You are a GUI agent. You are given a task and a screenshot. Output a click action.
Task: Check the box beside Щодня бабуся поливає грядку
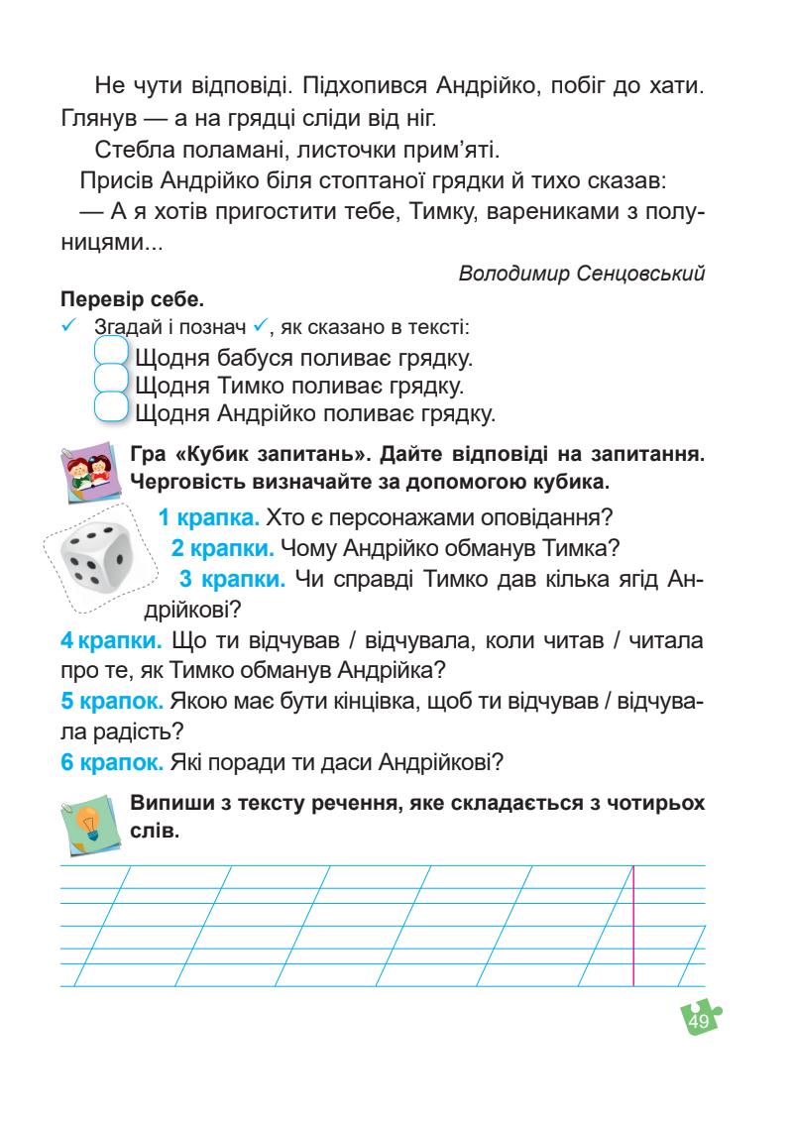112,354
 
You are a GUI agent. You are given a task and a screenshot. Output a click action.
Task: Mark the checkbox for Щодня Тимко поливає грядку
112,383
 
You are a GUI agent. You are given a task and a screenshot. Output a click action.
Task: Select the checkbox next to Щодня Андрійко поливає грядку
112,410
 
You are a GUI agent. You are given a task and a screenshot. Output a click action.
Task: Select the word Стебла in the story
130,151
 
